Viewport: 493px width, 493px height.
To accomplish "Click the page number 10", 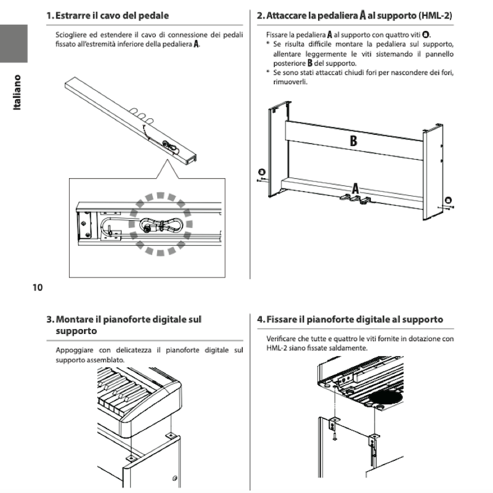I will [37, 287].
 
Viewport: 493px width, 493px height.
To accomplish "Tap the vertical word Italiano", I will [18, 92].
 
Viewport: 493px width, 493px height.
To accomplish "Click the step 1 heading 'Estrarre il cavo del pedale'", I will [112, 14].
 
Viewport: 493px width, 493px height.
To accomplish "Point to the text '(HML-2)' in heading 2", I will [436, 14].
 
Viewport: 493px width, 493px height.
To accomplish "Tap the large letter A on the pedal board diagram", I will [356, 189].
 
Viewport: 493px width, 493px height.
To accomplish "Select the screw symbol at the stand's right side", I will [448, 200].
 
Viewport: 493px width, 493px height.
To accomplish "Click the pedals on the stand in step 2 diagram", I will [348, 197].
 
